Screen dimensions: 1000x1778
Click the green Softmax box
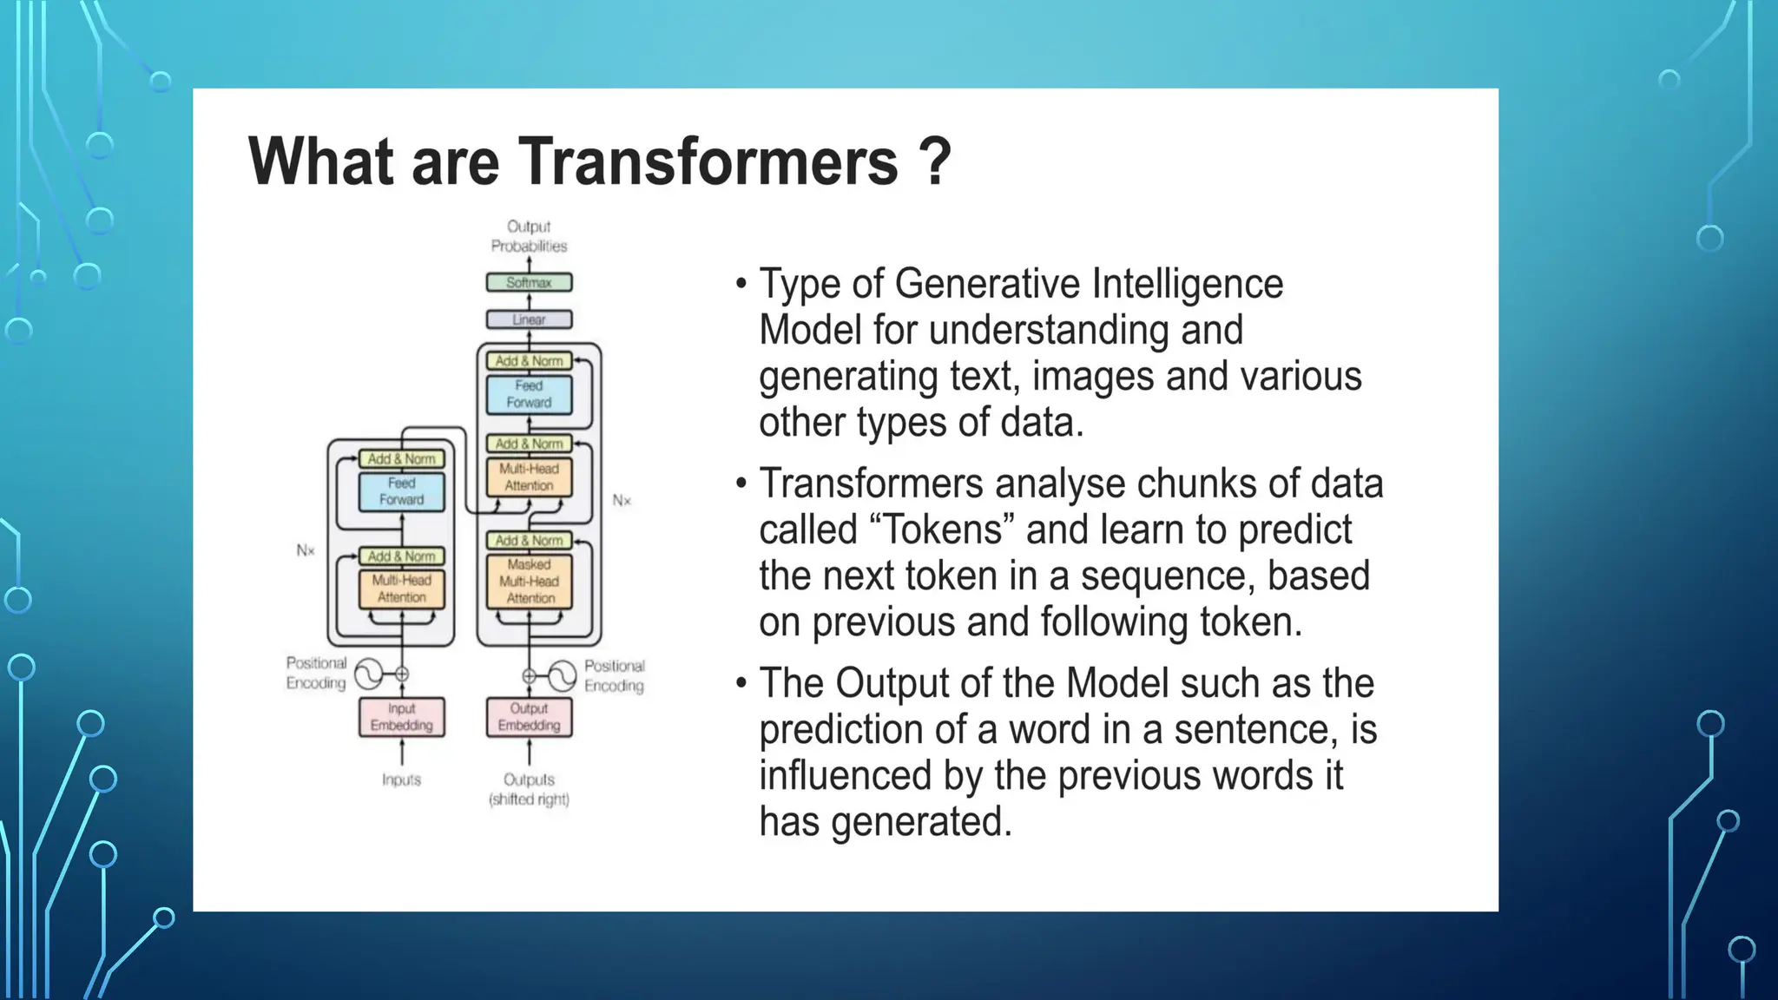pyautogui.click(x=529, y=282)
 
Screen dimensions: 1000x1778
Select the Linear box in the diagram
pyautogui.click(x=529, y=319)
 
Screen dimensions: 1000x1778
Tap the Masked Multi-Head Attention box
pyautogui.click(x=529, y=582)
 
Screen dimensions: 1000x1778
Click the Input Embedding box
pyautogui.click(x=401, y=717)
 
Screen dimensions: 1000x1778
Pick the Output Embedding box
pyautogui.click(x=529, y=717)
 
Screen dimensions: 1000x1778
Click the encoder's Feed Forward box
pyautogui.click(x=401, y=491)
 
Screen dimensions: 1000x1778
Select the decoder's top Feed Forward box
pyautogui.click(x=529, y=394)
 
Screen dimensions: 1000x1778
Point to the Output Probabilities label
pyautogui.click(x=529, y=236)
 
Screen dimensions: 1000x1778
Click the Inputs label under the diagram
pyautogui.click(x=401, y=780)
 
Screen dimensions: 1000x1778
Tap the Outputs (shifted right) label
pyautogui.click(x=529, y=789)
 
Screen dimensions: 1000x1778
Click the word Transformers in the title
pyautogui.click(x=708, y=161)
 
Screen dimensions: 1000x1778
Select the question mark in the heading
pyautogui.click(x=934, y=161)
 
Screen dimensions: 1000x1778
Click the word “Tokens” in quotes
pyautogui.click(x=941, y=530)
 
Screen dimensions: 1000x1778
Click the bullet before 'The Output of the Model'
pyautogui.click(x=741, y=683)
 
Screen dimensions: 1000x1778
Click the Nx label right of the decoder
pyautogui.click(x=622, y=500)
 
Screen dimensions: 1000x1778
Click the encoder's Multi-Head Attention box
pyautogui.click(x=401, y=589)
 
